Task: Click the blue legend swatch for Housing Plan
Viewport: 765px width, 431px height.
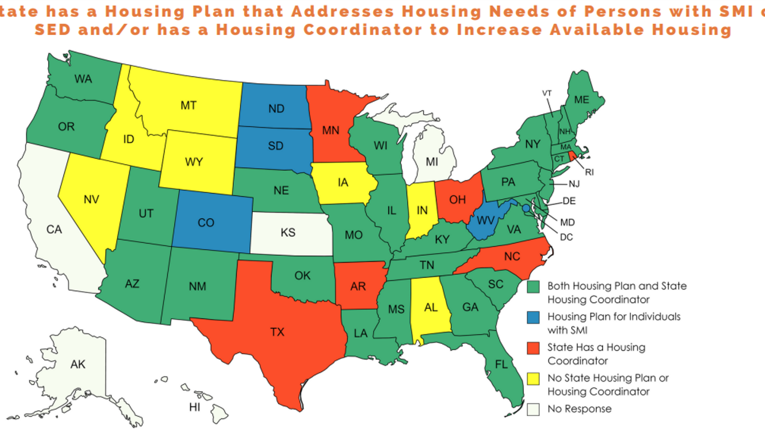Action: pos(533,318)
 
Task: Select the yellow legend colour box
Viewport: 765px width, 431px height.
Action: pos(533,379)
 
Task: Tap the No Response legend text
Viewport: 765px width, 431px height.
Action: pos(579,409)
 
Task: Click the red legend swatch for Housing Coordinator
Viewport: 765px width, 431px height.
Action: pos(533,348)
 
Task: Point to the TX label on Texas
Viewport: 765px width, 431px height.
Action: pos(277,332)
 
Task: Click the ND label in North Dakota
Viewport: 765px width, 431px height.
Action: pos(276,109)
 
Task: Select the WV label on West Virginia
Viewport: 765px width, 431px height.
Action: pos(485,221)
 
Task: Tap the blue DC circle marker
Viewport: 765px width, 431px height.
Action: pos(526,208)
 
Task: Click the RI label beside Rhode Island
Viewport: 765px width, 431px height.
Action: pos(589,172)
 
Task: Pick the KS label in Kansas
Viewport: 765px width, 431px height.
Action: pos(288,233)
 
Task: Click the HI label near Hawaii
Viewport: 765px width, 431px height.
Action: pos(194,407)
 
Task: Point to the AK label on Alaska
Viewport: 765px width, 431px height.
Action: pos(78,364)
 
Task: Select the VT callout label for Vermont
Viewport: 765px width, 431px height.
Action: pos(547,93)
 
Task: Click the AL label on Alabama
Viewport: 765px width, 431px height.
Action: pos(431,308)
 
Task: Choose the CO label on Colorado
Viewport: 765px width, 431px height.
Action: pos(206,223)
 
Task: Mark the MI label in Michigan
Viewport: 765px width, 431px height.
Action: pos(432,162)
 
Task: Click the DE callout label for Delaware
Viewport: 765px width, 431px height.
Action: pos(569,201)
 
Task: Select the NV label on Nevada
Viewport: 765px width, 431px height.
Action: pos(91,200)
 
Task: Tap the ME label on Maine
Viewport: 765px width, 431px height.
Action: pos(581,100)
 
